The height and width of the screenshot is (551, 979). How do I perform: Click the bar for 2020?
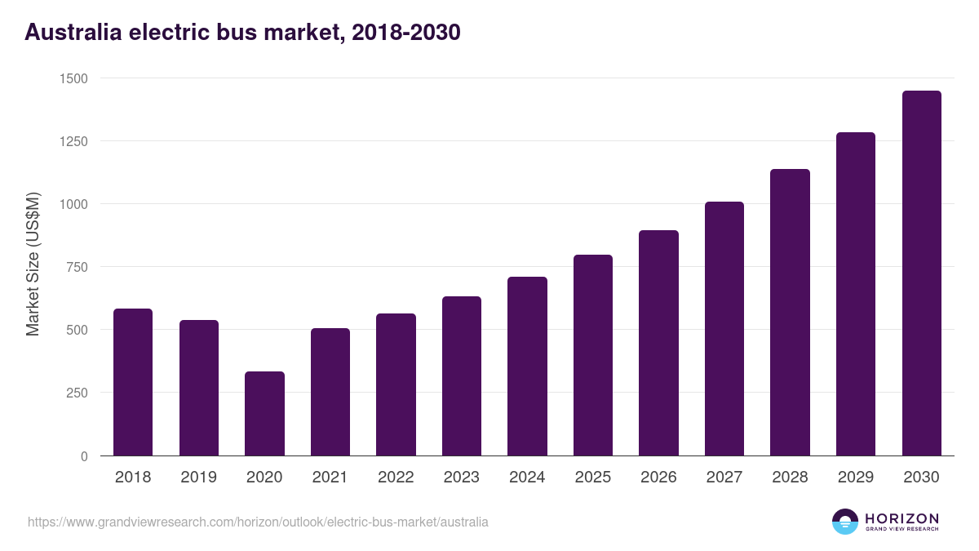point(264,414)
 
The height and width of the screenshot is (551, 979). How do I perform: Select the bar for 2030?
point(921,273)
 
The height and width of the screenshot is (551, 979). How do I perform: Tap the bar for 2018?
point(133,382)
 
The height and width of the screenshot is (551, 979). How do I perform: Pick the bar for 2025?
point(593,355)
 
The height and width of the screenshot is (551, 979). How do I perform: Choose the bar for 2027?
point(724,328)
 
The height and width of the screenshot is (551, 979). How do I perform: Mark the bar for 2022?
point(396,384)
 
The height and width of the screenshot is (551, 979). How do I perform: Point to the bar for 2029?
point(856,294)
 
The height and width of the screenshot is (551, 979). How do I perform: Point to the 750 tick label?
point(77,267)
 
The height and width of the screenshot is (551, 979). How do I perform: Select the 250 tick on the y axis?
point(77,393)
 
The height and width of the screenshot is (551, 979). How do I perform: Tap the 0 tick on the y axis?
point(84,456)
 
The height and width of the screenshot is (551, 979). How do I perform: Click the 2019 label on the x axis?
point(198,478)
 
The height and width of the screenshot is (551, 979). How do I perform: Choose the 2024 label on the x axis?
point(527,478)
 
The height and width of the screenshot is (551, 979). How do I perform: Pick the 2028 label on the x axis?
point(790,478)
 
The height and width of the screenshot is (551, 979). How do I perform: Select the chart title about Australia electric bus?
point(242,32)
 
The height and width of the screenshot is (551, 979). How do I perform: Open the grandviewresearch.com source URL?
point(258,522)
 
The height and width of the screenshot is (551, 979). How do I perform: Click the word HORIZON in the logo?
point(901,518)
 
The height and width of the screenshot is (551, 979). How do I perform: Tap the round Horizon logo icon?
point(845,522)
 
